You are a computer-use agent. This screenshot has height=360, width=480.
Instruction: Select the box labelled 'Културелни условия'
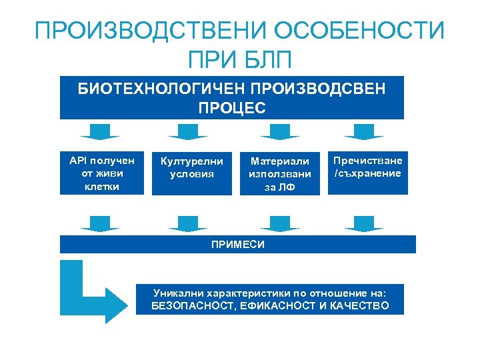tap(191, 173)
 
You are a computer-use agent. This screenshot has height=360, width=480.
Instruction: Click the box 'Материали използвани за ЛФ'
tap(279, 173)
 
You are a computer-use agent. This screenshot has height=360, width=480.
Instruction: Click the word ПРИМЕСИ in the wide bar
tap(237, 245)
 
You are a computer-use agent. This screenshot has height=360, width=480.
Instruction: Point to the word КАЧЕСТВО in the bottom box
tap(356, 307)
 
